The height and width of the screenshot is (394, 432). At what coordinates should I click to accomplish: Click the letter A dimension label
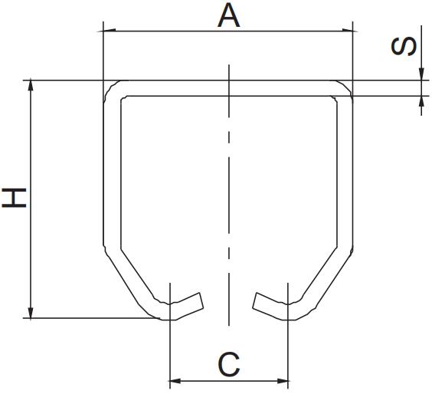tap(228, 15)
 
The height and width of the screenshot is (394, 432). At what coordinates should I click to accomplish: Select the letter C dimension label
tap(229, 364)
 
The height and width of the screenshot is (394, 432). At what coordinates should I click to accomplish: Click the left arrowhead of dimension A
tap(108, 31)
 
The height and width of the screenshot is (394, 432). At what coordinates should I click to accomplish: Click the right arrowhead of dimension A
tap(350, 31)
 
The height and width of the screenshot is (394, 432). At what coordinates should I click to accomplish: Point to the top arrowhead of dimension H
tap(31, 84)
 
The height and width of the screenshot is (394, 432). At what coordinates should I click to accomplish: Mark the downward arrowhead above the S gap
tap(421, 75)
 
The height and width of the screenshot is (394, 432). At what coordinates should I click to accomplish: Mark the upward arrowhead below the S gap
tap(421, 100)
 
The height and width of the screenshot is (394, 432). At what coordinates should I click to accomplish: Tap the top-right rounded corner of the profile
tap(344, 88)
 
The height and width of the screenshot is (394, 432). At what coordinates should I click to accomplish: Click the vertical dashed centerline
tap(227, 192)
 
